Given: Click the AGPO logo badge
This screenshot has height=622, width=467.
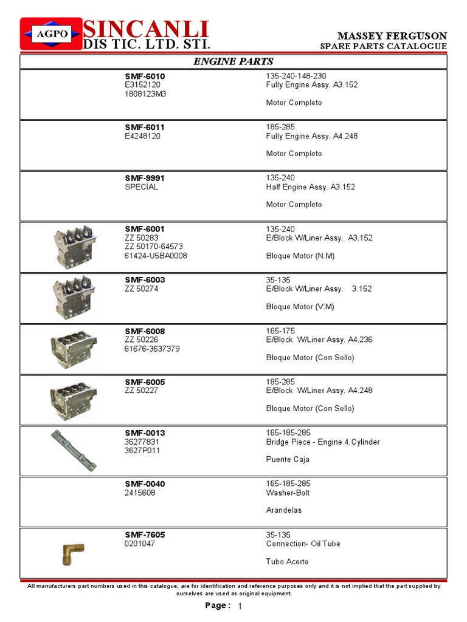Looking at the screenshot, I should pyautogui.click(x=50, y=33).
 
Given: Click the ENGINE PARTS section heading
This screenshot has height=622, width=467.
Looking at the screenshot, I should pyautogui.click(x=233, y=61).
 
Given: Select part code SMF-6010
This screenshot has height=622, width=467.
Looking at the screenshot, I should pyautogui.click(x=145, y=76).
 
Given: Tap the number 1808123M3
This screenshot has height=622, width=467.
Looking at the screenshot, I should pyautogui.click(x=145, y=94).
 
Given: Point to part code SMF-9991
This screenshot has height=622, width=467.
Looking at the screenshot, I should pyautogui.click(x=145, y=178).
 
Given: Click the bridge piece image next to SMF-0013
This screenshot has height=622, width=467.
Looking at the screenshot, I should pyautogui.click(x=74, y=449).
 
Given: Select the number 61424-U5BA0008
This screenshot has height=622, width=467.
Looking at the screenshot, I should pyautogui.click(x=156, y=256).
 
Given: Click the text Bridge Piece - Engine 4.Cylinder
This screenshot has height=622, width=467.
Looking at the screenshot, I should pyautogui.click(x=323, y=442).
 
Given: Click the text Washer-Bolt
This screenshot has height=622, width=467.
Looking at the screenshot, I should pyautogui.click(x=285, y=493).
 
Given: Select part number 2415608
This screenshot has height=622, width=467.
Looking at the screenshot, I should pyautogui.click(x=140, y=493).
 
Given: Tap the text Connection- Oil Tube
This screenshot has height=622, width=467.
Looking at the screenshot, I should pyautogui.click(x=303, y=544).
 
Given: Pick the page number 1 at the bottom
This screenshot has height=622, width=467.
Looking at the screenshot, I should pyautogui.click(x=240, y=607).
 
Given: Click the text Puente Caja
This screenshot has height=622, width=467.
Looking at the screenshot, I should pyautogui.click(x=288, y=459).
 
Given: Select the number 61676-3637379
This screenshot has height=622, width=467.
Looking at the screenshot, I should pyautogui.click(x=152, y=349).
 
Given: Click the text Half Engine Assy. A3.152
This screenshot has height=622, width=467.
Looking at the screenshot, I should pyautogui.click(x=311, y=187).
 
